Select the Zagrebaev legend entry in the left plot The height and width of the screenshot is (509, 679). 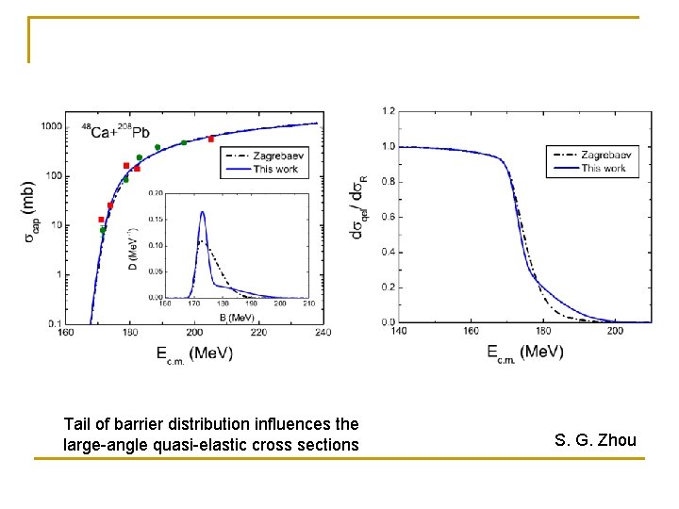tap(273, 157)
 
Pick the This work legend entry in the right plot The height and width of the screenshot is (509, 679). tap(603, 168)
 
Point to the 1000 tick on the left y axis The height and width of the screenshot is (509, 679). tap(51, 126)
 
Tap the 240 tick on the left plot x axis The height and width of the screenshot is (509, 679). tap(322, 332)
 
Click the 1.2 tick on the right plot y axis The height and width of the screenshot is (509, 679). tap(389, 111)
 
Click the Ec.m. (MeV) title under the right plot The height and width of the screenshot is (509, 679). tap(524, 352)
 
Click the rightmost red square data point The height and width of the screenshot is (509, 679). tap(211, 140)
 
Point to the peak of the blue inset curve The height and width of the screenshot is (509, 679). tap(202, 212)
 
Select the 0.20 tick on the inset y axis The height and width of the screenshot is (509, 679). tap(156, 193)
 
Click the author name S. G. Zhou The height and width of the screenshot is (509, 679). tap(595, 440)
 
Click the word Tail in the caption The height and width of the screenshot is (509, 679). tap(78, 423)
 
